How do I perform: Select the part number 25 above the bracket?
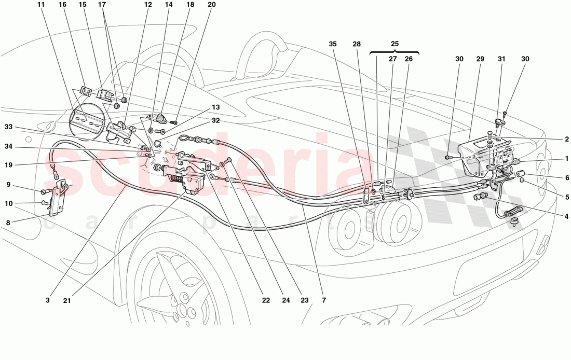click(395, 45)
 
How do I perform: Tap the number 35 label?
click(332, 45)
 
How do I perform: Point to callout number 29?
click(479, 59)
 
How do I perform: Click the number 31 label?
click(501, 59)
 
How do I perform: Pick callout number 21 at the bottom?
click(67, 300)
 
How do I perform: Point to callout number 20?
click(211, 5)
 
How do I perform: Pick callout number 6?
click(567, 177)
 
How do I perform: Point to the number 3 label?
click(47, 300)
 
